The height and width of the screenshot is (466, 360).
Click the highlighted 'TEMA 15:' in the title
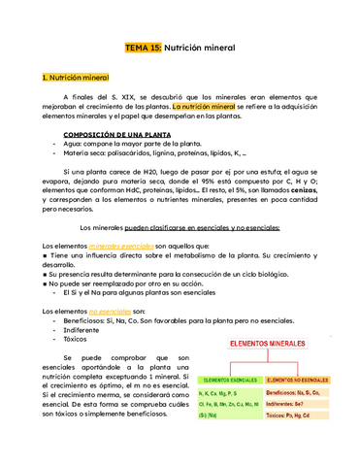[144, 47]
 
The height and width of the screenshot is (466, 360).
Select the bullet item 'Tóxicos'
[77, 340]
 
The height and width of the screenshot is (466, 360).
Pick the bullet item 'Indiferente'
[82, 329]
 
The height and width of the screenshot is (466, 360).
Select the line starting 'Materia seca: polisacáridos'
[154, 152]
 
